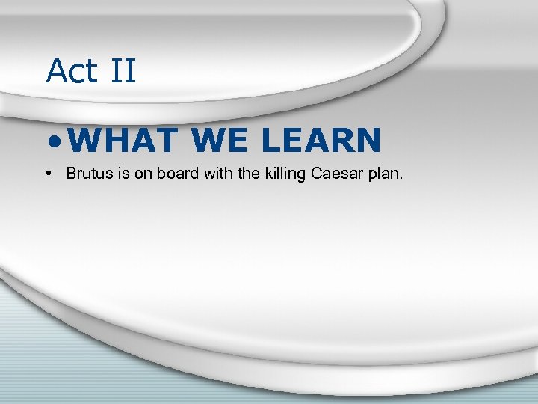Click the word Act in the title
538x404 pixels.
point(72,71)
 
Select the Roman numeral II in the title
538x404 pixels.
point(122,71)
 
